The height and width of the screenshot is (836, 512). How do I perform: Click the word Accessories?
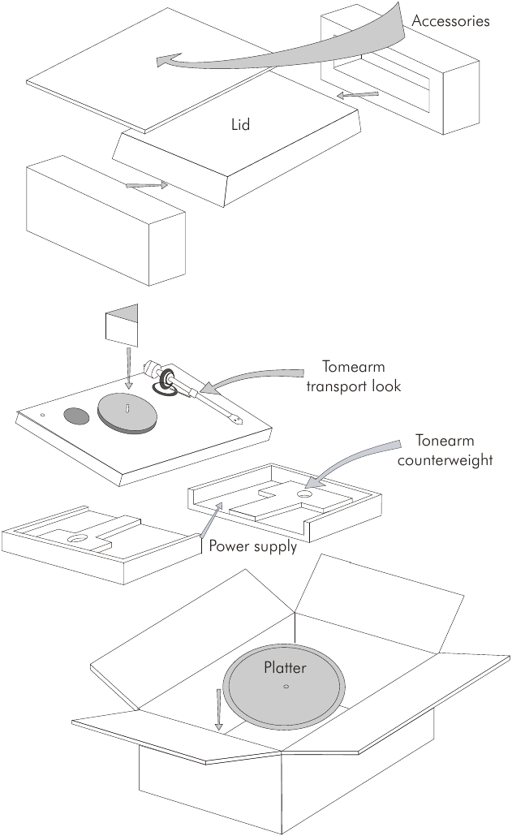pos(450,21)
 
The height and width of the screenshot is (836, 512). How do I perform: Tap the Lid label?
pos(239,125)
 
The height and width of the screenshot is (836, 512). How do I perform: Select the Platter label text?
pos(283,668)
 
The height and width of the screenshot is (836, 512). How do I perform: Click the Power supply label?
pos(252,545)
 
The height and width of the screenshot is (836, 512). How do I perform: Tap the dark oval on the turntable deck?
pos(77,416)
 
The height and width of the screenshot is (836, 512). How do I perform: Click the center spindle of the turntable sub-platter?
pos(128,407)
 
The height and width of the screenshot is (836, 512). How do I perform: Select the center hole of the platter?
pos(286,687)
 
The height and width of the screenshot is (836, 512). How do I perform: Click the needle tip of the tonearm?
pos(235,421)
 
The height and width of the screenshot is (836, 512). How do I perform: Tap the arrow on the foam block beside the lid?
pos(148,186)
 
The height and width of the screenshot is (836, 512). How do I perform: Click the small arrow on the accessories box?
pos(358,95)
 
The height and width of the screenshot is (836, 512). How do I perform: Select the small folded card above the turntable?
pos(122,324)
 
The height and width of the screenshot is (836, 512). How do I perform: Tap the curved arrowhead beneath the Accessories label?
pos(167,59)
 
